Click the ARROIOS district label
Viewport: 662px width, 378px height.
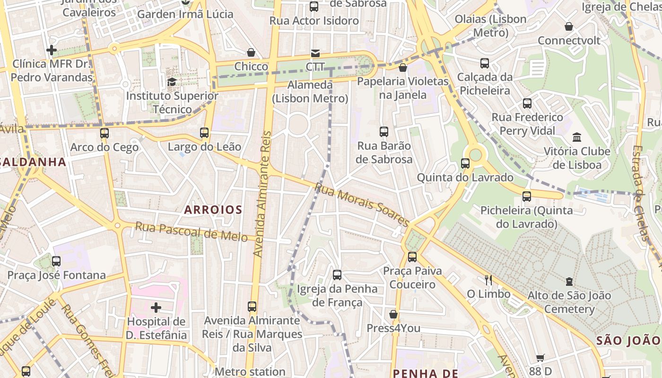pos(213,210)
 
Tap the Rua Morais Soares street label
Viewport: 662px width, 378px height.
pos(362,205)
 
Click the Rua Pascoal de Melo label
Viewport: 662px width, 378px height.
pos(191,232)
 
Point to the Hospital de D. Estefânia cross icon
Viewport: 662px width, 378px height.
pos(156,308)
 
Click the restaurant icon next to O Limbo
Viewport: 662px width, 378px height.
pos(488,280)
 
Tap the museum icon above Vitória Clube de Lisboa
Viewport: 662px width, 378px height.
pos(577,137)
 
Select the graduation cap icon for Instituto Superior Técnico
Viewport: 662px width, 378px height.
pos(172,82)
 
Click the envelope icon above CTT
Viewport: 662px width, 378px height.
pos(315,53)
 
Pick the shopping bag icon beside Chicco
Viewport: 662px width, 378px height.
pos(251,52)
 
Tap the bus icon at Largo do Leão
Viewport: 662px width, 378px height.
pos(204,133)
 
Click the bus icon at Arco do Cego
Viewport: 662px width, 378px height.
pos(105,133)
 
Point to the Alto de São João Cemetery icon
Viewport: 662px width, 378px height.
pos(569,282)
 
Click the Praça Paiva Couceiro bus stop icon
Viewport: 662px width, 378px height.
pos(412,257)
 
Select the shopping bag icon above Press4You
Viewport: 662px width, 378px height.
pos(393,314)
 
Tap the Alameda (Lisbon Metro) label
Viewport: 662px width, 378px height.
pos(310,92)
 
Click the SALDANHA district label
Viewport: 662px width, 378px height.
pos(33,162)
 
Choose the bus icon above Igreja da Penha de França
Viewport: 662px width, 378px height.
pos(337,275)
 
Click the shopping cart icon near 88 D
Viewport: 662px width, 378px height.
pos(540,358)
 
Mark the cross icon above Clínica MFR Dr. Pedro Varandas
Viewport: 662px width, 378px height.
pos(52,50)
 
